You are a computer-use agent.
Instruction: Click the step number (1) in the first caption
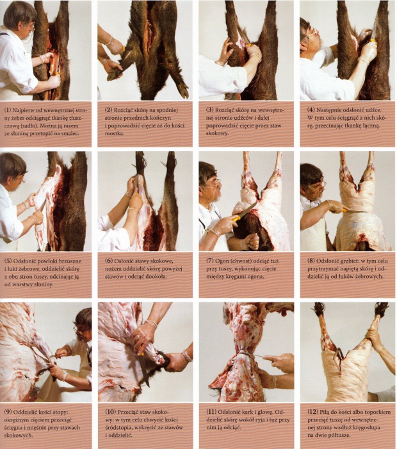8,110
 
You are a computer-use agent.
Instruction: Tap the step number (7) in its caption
210,261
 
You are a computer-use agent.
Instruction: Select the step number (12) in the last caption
312,412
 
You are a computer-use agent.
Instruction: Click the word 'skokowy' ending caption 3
217,133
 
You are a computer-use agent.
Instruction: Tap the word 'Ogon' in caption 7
222,261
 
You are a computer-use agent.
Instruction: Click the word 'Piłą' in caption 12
325,412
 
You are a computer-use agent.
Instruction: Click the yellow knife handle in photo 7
236,218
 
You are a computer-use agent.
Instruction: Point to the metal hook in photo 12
338,354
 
